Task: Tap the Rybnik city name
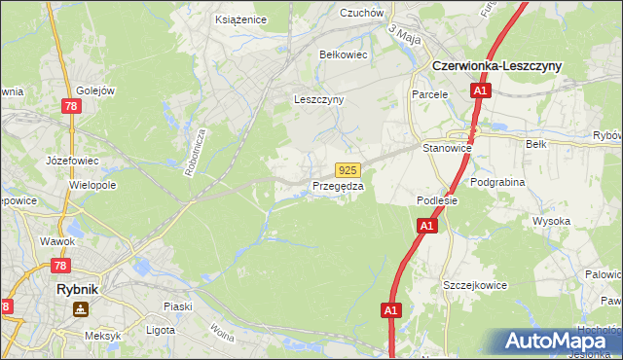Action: pyautogui.click(x=79, y=289)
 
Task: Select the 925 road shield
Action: pyautogui.click(x=349, y=169)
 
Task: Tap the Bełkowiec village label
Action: pyautogui.click(x=344, y=54)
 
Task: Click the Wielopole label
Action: pyautogui.click(x=93, y=183)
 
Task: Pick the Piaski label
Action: pyautogui.click(x=177, y=306)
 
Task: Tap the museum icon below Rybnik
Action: pyautogui.click(x=79, y=309)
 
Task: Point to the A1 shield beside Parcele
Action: pyautogui.click(x=480, y=90)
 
